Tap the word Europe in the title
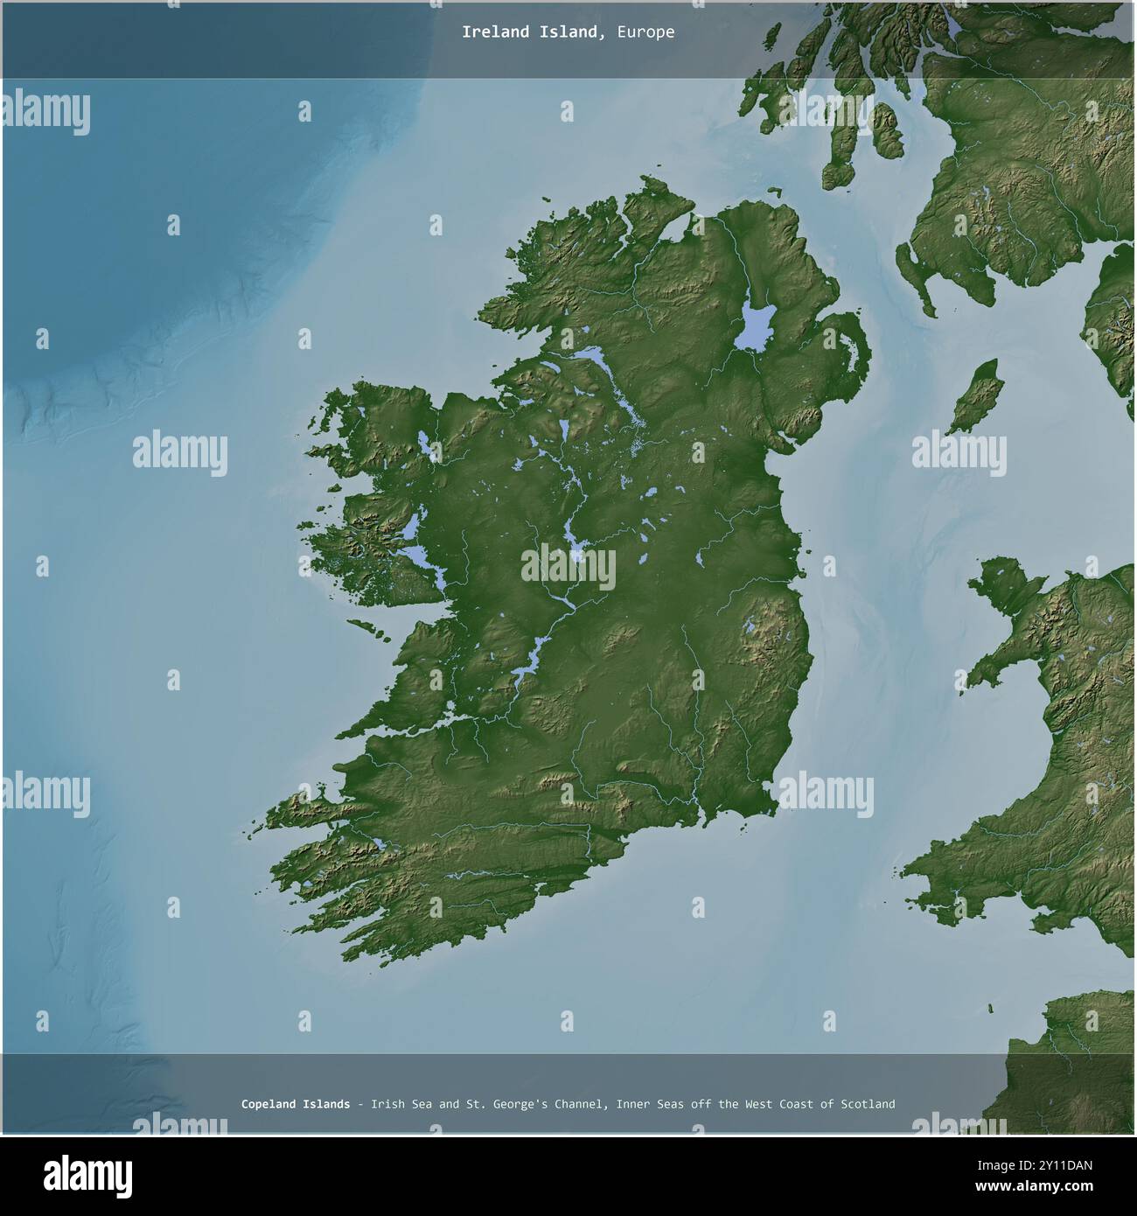pos(645,32)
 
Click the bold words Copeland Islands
pos(296,1104)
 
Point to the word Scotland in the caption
pos(868,1104)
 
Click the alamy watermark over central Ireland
pos(568,568)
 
